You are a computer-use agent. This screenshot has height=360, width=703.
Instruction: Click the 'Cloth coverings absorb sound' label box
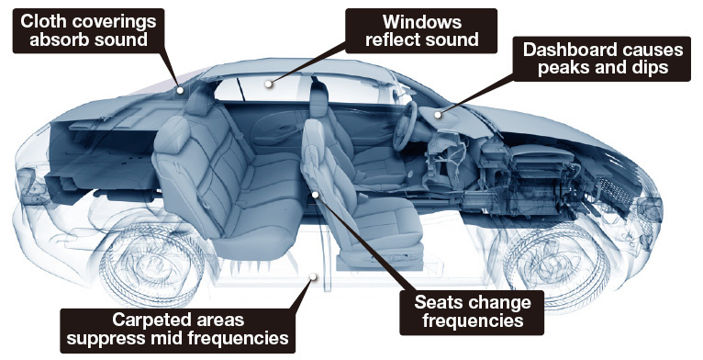(88, 30)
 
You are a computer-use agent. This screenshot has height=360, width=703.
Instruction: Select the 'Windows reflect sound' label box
(421, 30)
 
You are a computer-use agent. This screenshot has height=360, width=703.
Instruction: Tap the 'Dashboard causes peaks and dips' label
(602, 59)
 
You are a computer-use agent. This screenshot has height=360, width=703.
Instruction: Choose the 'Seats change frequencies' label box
(472, 312)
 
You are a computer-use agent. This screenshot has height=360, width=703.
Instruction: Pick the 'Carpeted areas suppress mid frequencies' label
(177, 331)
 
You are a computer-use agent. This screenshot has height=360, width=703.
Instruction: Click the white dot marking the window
(269, 84)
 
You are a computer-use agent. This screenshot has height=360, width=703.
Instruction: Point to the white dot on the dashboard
(438, 115)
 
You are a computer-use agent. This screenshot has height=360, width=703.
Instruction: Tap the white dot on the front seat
(316, 195)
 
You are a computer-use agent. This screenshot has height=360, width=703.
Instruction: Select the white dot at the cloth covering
(180, 90)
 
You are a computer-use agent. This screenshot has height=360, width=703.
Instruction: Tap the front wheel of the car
(556, 264)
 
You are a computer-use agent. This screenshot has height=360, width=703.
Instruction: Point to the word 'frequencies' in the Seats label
(473, 321)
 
